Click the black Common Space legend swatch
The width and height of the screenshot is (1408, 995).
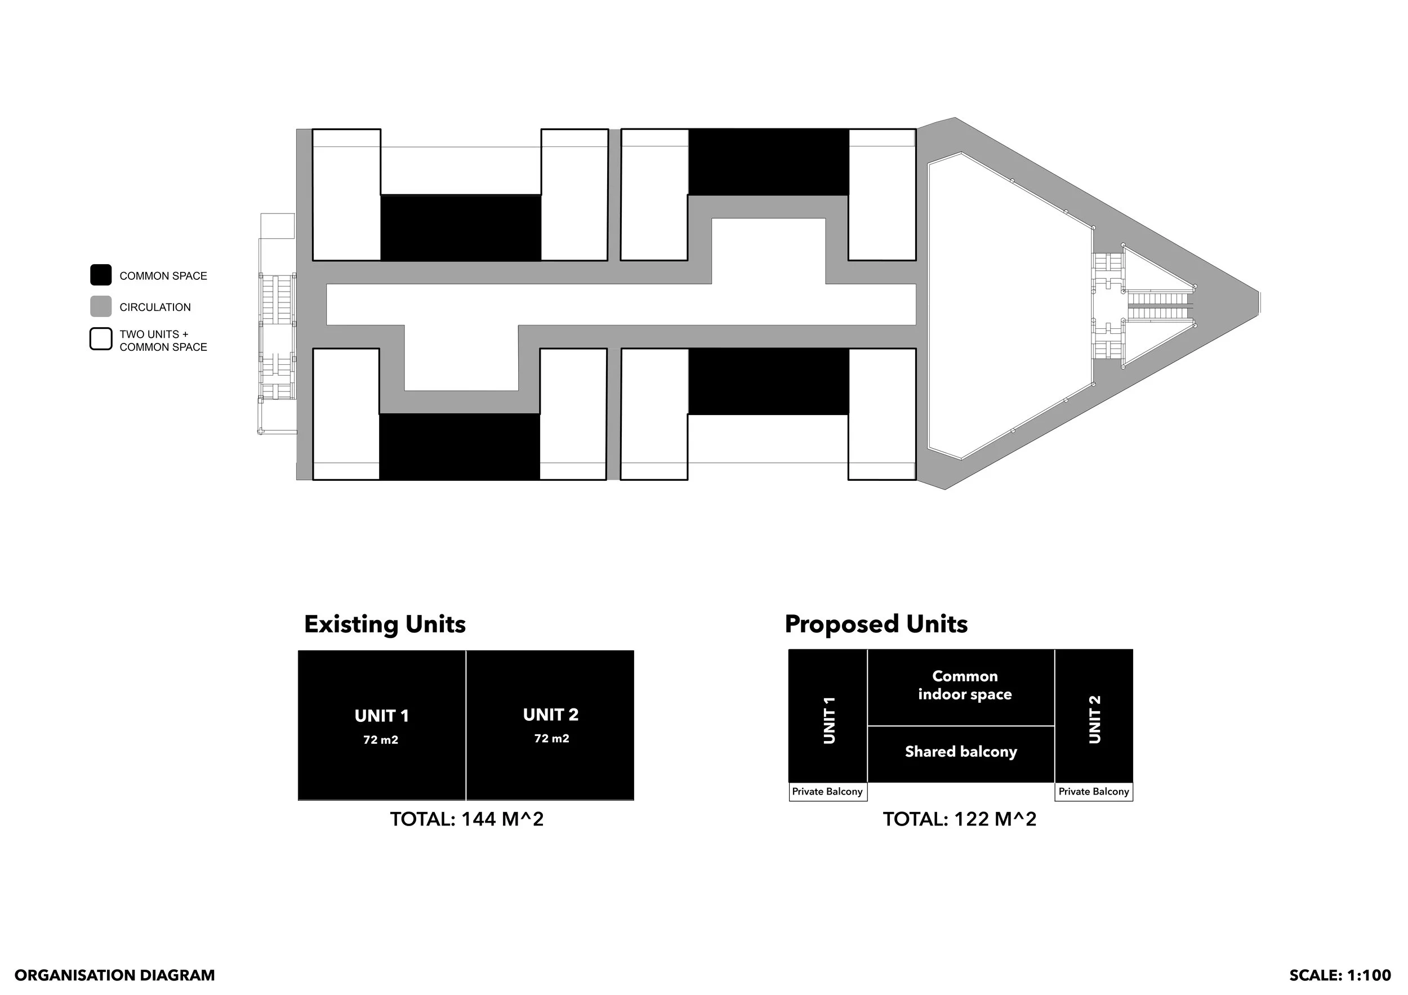(x=101, y=275)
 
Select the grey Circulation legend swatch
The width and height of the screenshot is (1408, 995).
(x=101, y=306)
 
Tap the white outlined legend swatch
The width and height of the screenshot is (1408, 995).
(x=101, y=339)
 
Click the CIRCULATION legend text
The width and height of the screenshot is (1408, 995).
(x=154, y=307)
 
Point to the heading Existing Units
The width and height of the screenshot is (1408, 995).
(x=385, y=624)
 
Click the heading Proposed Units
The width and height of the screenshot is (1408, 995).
(x=876, y=624)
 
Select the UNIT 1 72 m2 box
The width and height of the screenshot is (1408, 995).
(x=381, y=725)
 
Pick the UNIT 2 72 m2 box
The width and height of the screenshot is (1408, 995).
(x=550, y=725)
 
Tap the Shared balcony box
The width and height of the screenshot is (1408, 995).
(x=960, y=753)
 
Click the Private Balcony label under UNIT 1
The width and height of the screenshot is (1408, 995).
(x=827, y=792)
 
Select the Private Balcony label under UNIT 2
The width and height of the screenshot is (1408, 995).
(x=1093, y=792)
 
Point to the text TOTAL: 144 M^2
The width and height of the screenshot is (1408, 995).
(x=467, y=820)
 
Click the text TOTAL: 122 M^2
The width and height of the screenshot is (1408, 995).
(x=959, y=820)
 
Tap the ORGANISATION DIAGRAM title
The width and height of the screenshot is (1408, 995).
(x=115, y=975)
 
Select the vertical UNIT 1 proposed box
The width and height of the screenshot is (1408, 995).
(x=828, y=716)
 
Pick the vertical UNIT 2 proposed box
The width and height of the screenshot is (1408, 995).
(x=1093, y=716)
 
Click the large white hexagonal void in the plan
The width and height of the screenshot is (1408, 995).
(x=1006, y=306)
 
